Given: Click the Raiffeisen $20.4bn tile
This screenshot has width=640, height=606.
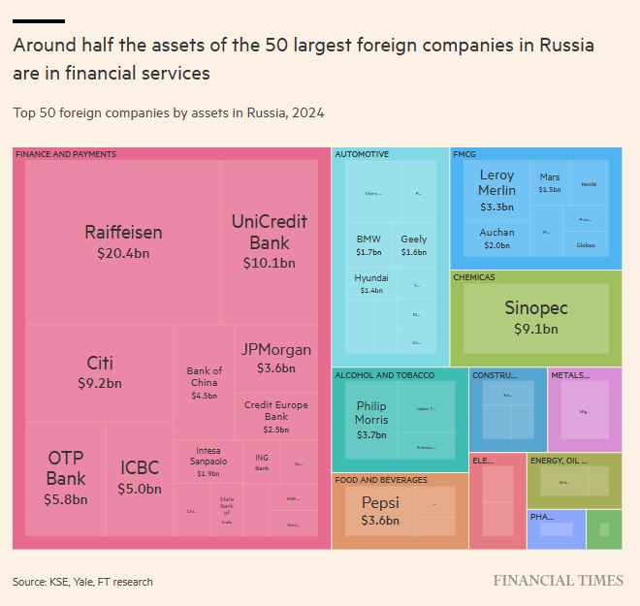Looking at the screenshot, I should click(123, 241).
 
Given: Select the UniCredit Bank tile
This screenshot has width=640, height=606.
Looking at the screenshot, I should click(269, 241).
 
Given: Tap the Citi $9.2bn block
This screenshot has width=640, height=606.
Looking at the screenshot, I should click(100, 372).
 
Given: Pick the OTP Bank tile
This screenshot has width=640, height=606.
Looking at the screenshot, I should click(66, 478).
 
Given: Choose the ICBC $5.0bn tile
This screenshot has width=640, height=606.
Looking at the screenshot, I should click(140, 478).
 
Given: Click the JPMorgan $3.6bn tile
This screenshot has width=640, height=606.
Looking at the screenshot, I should click(275, 358).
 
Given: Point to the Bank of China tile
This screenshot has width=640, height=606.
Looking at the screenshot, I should click(204, 382).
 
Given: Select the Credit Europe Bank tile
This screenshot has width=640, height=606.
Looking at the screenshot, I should click(275, 416).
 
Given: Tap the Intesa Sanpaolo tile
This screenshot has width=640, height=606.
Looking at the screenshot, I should click(208, 461).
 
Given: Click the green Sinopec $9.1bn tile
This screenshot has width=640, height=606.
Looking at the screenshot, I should click(535, 317).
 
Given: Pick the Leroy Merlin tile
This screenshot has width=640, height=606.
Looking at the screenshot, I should click(496, 189).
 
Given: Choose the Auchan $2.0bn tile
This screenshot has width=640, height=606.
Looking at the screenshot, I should click(496, 239).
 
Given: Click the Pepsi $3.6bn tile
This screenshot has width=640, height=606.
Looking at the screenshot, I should click(380, 511).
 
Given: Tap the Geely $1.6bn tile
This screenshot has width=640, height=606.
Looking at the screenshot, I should click(414, 245).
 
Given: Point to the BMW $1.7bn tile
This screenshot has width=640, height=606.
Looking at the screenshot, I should click(368, 245).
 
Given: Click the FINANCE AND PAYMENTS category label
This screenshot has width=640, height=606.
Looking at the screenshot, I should click(66, 154).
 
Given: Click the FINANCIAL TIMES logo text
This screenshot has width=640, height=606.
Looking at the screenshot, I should click(558, 581).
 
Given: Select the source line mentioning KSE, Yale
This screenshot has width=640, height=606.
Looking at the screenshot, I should click(82, 582).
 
